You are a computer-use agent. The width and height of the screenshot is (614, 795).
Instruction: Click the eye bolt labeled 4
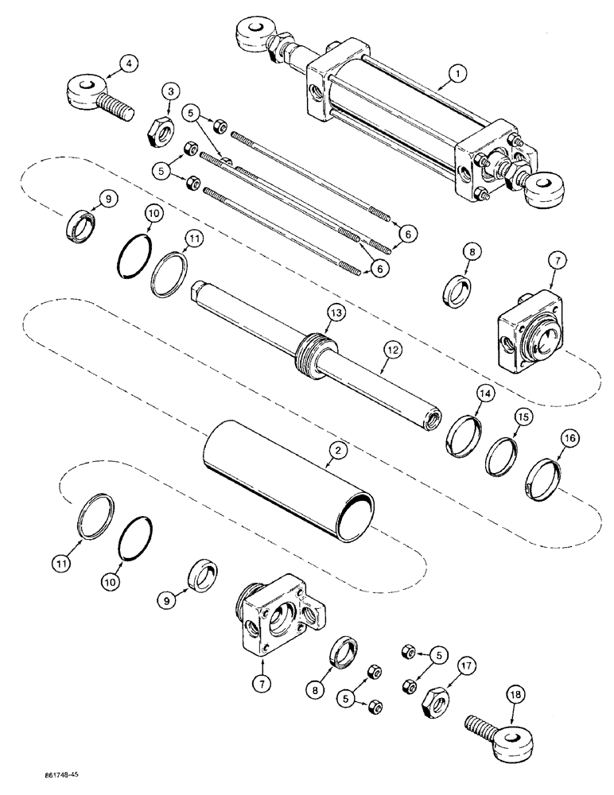pyautogui.click(x=91, y=95)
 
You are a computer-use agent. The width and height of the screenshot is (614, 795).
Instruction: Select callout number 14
pyautogui.click(x=486, y=393)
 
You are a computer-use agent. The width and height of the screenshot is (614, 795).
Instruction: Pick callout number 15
pyautogui.click(x=522, y=415)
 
